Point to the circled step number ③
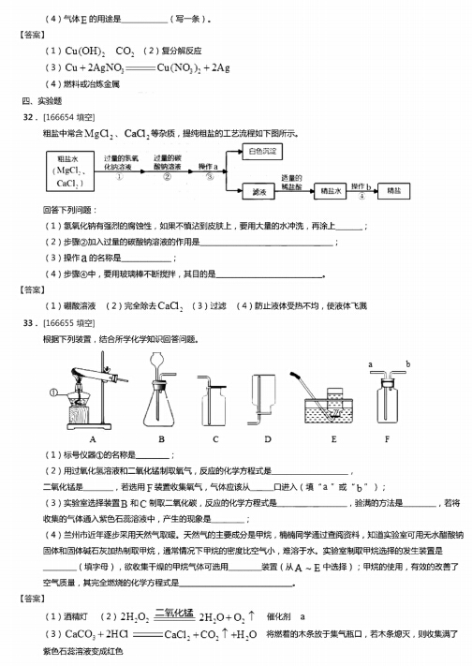click(x=214, y=176)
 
